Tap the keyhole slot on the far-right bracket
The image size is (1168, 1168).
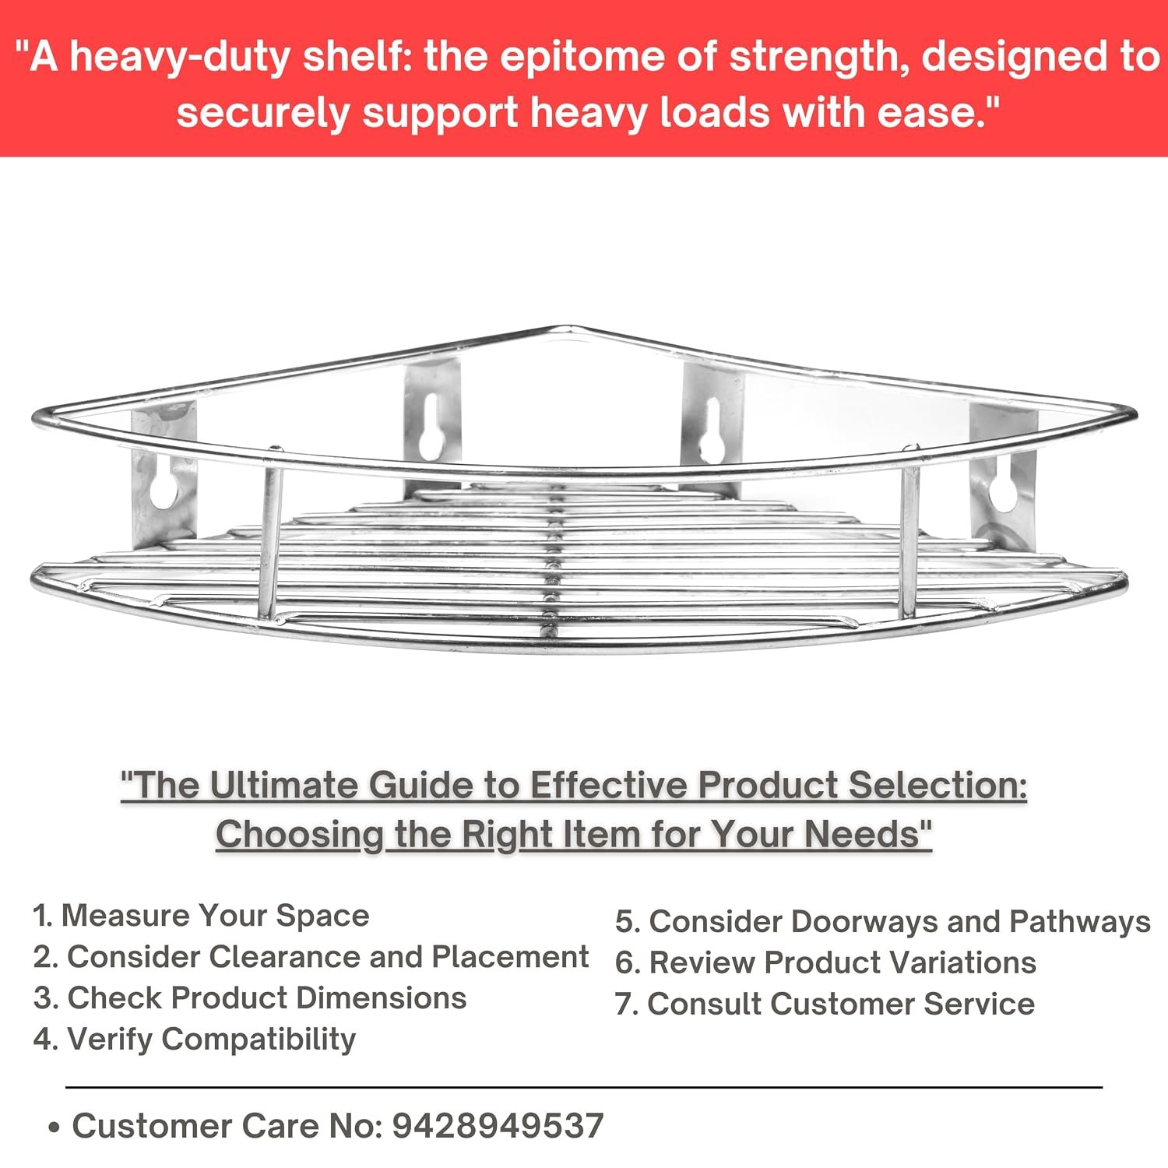coord(1005,487)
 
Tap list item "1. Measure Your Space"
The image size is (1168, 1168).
coord(201,916)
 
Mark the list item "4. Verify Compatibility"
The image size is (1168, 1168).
coord(195,1040)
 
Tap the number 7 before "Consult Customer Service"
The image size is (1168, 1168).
coord(622,1004)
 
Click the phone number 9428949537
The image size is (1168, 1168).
coord(498,1126)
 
